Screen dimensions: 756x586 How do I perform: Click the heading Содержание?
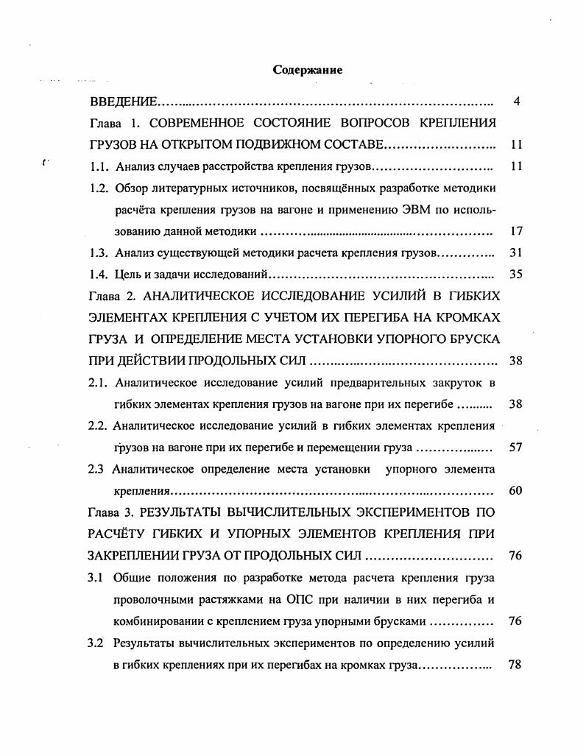pos(308,71)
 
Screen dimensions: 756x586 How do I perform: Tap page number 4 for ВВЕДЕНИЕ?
pos(517,102)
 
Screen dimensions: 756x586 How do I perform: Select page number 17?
pos(515,231)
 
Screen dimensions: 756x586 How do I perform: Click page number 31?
pos(515,252)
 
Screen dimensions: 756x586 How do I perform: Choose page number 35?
pos(515,275)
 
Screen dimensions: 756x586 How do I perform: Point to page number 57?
pos(515,448)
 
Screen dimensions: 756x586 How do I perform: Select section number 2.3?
pos(98,469)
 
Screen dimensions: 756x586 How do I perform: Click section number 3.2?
pos(97,643)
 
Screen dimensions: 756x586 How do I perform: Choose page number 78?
pos(515,665)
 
